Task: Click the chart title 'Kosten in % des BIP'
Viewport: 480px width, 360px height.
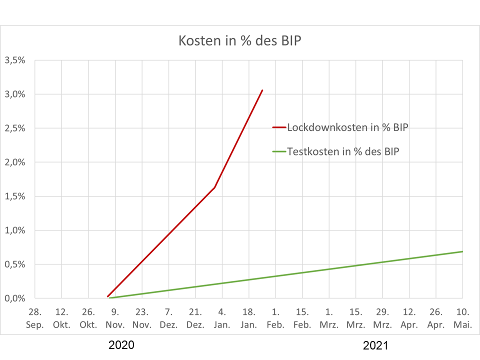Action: click(x=239, y=40)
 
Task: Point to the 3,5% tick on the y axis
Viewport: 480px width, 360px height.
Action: click(x=14, y=60)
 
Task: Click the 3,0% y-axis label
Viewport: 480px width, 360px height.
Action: click(x=14, y=94)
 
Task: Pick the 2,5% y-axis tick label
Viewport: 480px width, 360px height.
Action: click(x=14, y=128)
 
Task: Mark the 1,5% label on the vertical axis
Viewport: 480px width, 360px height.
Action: click(x=14, y=196)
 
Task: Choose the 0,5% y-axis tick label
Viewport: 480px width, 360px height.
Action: click(x=14, y=264)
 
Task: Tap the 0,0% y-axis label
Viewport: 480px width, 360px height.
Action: click(x=14, y=298)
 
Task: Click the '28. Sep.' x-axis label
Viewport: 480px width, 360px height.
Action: click(x=35, y=318)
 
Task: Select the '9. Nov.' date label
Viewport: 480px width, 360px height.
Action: click(x=115, y=318)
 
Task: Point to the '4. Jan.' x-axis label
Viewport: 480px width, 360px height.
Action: click(x=222, y=318)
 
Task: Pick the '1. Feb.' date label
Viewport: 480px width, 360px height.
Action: click(x=275, y=318)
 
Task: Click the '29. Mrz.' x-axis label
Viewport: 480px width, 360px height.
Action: click(x=382, y=318)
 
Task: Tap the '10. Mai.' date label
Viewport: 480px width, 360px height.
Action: click(x=462, y=318)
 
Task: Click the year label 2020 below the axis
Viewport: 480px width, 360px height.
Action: click(x=121, y=345)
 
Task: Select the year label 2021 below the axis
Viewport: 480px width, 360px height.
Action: click(x=375, y=345)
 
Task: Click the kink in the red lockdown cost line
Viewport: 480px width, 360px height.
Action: click(x=214, y=187)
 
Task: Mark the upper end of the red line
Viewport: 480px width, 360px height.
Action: click(x=262, y=90)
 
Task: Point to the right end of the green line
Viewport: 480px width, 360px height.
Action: click(x=462, y=251)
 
